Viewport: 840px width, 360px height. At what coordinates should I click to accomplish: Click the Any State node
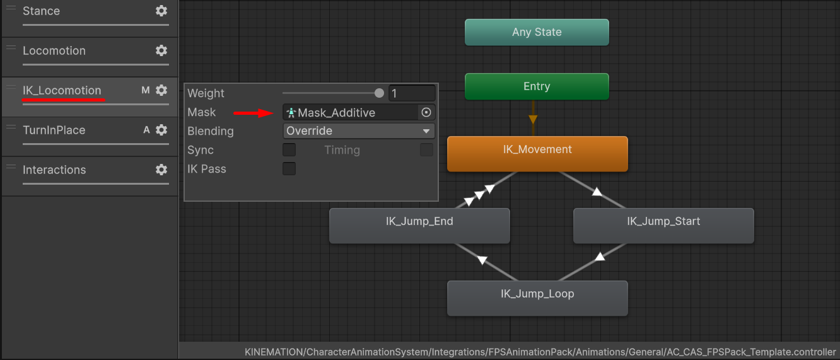pos(537,32)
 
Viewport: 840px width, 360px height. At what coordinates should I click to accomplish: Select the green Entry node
pos(537,86)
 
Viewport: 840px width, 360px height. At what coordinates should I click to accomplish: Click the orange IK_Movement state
pos(537,154)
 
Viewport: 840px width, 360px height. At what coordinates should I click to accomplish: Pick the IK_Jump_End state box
pos(419,225)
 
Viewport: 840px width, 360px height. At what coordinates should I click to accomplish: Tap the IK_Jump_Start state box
pos(663,225)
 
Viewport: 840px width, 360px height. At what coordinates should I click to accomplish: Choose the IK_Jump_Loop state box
pos(537,298)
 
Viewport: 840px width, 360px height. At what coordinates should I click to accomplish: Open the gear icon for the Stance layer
pos(161,11)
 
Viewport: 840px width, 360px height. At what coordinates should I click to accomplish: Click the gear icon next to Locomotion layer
pos(161,50)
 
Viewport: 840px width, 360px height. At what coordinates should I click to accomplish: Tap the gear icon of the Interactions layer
pos(161,170)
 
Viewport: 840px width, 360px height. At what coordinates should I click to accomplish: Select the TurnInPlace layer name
pos(54,130)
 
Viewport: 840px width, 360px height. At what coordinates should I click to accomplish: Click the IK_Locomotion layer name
pos(62,90)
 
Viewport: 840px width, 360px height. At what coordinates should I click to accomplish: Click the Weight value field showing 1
pos(412,93)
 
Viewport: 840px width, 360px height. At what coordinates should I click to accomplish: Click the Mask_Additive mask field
pos(350,112)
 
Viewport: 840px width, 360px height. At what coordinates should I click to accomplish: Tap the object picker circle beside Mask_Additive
pos(426,112)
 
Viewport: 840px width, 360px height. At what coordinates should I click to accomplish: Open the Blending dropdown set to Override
pos(358,131)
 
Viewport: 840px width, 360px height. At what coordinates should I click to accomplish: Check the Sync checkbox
pos(289,150)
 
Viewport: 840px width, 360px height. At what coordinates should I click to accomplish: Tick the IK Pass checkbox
pos(289,169)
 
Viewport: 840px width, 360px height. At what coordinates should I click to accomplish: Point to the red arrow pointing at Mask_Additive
pos(254,112)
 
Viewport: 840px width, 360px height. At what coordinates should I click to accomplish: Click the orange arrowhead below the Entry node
pos(533,120)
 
